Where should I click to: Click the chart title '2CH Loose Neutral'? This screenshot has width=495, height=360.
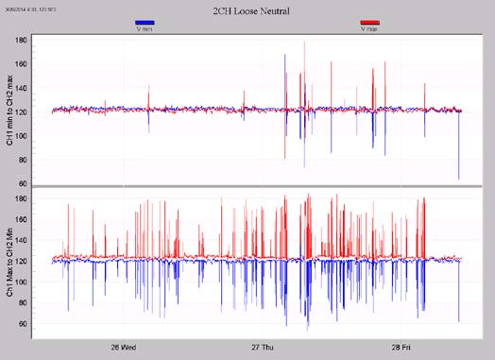(248, 9)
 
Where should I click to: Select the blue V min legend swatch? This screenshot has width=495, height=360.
(145, 22)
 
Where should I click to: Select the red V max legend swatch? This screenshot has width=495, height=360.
(371, 22)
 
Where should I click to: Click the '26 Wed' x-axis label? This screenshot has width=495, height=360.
(124, 347)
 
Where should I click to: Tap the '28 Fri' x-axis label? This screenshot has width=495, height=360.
(402, 347)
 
